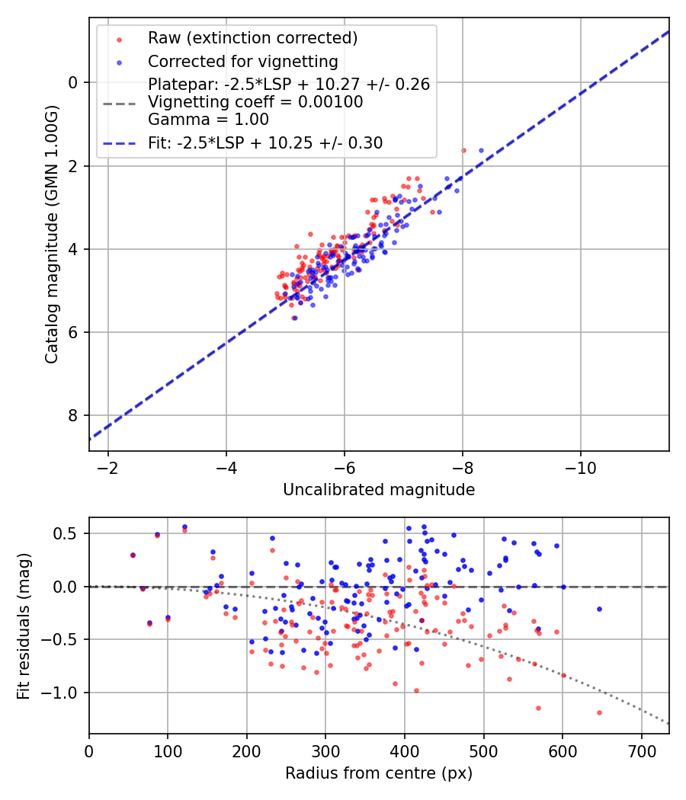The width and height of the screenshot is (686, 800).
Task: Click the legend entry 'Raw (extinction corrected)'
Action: coord(252,38)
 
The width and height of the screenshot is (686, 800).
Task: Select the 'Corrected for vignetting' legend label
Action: coord(242,62)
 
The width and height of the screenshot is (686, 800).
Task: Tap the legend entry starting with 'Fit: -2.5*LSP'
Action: coord(265,142)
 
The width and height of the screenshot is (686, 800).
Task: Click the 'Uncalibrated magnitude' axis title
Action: coord(379,490)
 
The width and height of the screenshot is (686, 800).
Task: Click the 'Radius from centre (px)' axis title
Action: coord(379,773)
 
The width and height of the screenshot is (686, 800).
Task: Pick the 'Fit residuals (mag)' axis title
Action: coord(24,626)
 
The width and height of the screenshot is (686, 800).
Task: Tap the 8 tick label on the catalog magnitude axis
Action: coord(73,415)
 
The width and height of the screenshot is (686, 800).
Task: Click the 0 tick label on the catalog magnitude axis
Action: coord(73,82)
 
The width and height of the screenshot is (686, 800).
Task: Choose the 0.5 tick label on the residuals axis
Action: coord(69,533)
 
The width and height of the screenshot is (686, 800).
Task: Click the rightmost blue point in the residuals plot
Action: coord(599,609)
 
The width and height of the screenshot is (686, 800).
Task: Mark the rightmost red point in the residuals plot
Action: coord(599,712)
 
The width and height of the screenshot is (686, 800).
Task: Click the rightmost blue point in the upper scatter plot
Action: coord(481,151)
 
